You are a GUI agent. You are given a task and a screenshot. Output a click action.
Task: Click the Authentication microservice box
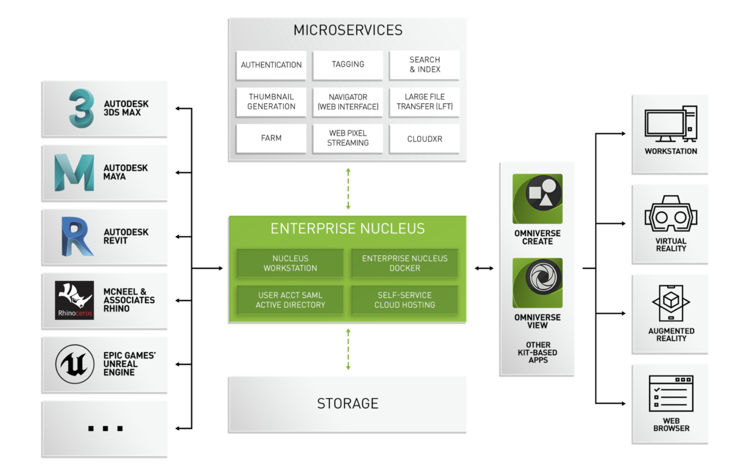[x=271, y=65]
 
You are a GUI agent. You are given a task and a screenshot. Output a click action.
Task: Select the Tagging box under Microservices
[x=348, y=65]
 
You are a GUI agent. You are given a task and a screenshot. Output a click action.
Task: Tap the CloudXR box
[x=425, y=139]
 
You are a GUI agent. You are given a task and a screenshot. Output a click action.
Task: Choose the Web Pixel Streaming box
[x=348, y=138]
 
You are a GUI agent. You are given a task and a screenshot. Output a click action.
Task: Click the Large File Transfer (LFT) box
[x=425, y=102]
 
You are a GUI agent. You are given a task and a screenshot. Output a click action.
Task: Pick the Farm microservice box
[x=271, y=138]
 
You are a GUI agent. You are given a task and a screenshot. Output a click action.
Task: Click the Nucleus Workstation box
[x=290, y=263]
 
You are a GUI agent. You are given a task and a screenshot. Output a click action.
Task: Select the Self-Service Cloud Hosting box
[x=404, y=300]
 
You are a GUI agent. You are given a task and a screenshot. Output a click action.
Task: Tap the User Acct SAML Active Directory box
[x=290, y=300]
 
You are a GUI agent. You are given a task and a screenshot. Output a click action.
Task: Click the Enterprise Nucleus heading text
[x=348, y=229]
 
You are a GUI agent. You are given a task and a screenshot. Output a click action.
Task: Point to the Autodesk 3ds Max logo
[x=81, y=108]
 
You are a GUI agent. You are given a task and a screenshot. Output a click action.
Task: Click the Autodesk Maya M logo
[x=74, y=172]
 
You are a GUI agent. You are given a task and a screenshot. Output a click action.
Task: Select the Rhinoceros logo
[x=75, y=300]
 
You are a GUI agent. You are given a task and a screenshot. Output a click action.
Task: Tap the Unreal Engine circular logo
[x=75, y=364]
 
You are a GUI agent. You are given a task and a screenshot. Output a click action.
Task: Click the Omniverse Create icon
[x=537, y=199]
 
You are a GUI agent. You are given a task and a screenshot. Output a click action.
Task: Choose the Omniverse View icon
[x=537, y=283]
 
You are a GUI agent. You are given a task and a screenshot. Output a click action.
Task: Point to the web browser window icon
[x=671, y=394]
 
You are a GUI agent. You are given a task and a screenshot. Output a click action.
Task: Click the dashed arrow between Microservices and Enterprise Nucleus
[x=348, y=189]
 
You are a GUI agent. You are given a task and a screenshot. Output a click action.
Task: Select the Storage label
[x=348, y=404]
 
